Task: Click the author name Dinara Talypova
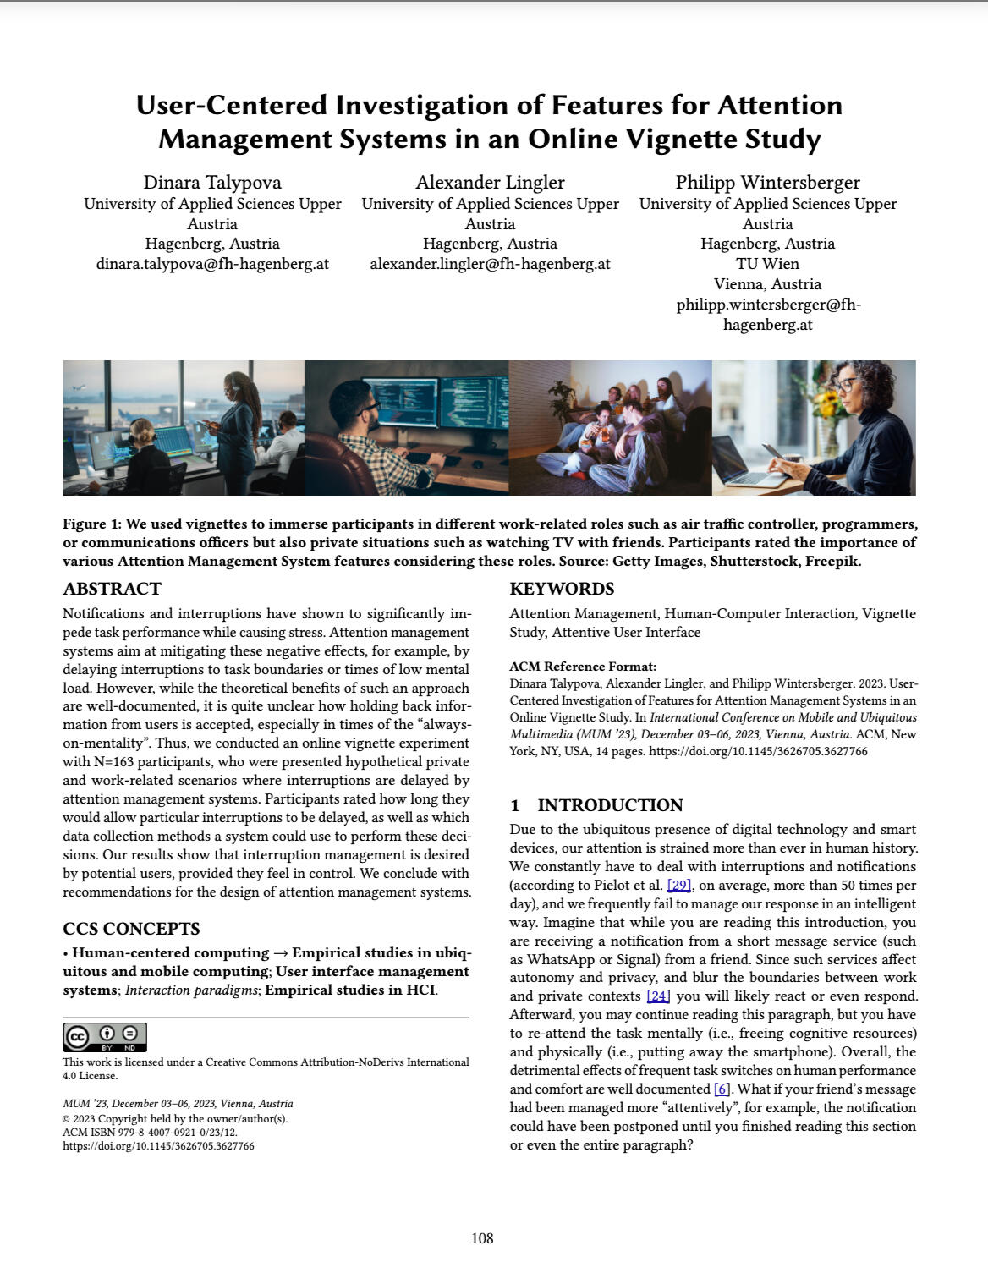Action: click(x=212, y=183)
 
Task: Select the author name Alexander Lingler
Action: click(x=490, y=183)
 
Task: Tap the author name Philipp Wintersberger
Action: click(x=767, y=183)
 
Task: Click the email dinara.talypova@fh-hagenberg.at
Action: click(x=212, y=264)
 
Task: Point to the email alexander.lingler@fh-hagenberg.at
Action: click(x=490, y=264)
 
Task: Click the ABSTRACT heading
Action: click(x=112, y=589)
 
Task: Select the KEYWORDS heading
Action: click(x=562, y=589)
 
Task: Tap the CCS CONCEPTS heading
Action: click(x=131, y=929)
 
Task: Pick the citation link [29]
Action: click(x=679, y=886)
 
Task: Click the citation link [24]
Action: click(x=658, y=996)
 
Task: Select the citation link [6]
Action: click(x=722, y=1089)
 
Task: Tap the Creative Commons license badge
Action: click(x=105, y=1037)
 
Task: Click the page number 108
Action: click(x=482, y=1239)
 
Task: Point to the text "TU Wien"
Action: click(x=767, y=264)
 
